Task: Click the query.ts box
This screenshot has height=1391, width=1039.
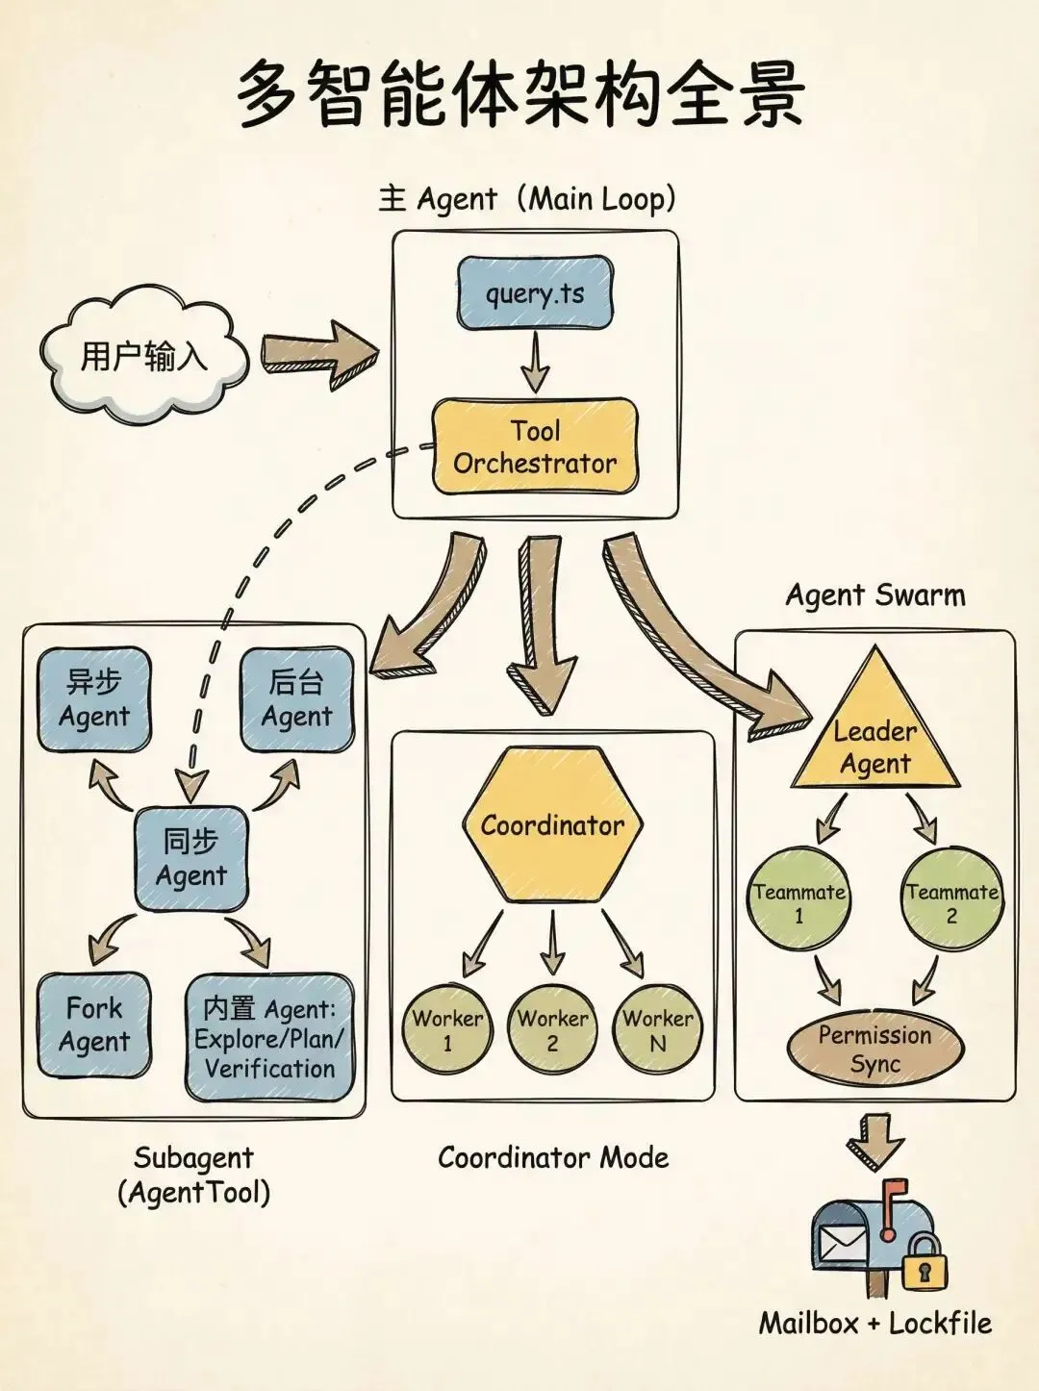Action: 535,292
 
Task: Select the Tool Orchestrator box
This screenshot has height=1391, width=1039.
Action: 535,447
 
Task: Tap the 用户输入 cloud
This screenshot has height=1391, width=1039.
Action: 142,356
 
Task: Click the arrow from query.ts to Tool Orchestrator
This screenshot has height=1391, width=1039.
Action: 535,363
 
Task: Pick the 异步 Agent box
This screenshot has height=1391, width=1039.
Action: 94,699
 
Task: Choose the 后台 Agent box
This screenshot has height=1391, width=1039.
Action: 296,699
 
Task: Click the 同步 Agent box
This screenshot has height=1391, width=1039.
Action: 191,858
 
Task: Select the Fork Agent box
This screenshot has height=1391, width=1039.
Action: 94,1024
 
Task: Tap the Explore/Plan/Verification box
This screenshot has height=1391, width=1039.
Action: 269,1038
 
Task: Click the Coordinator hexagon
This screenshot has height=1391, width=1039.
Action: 552,825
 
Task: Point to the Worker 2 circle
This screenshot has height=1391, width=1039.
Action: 552,1028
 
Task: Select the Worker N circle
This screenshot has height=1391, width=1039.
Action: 658,1028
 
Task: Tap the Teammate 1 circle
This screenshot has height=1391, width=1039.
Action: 798,898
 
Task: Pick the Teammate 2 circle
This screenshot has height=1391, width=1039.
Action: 951,898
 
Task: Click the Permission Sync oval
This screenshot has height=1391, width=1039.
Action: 874,1049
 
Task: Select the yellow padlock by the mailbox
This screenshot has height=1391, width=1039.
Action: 925,1267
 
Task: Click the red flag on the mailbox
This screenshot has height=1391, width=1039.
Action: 894,1194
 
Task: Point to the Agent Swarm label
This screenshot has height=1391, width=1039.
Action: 874,595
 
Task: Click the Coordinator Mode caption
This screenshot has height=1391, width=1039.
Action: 553,1157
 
